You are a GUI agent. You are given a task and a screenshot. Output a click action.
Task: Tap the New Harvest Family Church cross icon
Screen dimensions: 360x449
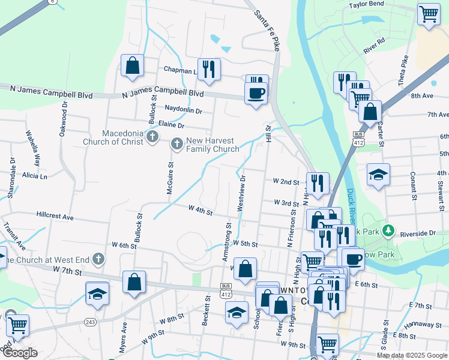[x=177, y=143]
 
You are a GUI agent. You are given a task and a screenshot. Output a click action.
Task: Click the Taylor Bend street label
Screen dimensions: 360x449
[x=366, y=4]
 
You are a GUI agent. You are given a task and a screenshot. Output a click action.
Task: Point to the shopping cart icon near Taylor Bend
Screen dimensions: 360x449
[x=429, y=14]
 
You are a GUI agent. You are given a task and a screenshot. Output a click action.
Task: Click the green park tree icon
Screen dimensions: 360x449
[x=389, y=230]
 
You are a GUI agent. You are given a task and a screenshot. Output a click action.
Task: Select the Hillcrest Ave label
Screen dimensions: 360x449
[x=54, y=214]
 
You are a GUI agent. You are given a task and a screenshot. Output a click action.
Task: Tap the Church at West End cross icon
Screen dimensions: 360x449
[x=98, y=260]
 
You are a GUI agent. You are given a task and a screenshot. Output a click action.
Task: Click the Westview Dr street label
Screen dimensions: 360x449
[x=242, y=193]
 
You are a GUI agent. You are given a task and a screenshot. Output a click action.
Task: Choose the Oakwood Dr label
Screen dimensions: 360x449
[x=64, y=120]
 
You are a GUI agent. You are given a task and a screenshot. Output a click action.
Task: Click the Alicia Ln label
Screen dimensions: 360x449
[x=34, y=176]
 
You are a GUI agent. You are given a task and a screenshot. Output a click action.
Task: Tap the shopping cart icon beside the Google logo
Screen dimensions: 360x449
[x=17, y=325]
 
